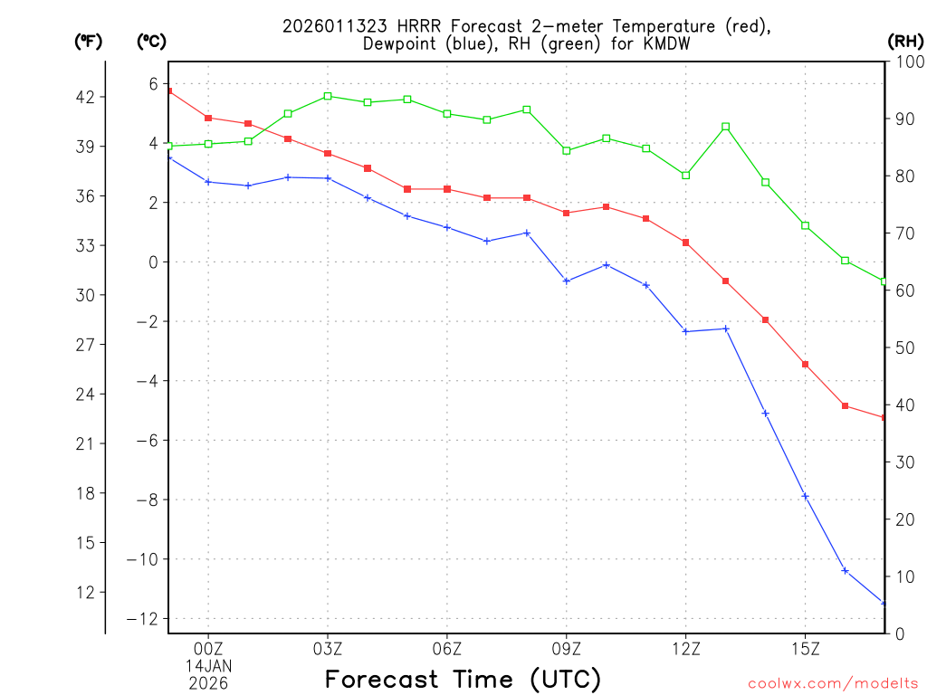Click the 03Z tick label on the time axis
(x=328, y=648)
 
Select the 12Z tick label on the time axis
(x=686, y=648)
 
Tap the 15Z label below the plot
(x=806, y=648)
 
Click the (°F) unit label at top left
(x=89, y=41)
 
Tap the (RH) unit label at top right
(x=905, y=41)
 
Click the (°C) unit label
(x=151, y=41)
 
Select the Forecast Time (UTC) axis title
(x=463, y=679)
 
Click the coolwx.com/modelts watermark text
(x=833, y=683)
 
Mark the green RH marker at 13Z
(x=726, y=127)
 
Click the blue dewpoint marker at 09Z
(x=567, y=281)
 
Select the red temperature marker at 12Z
(x=686, y=243)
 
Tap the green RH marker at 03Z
(x=328, y=96)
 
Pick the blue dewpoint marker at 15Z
(x=806, y=496)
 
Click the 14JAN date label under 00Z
(x=209, y=665)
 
